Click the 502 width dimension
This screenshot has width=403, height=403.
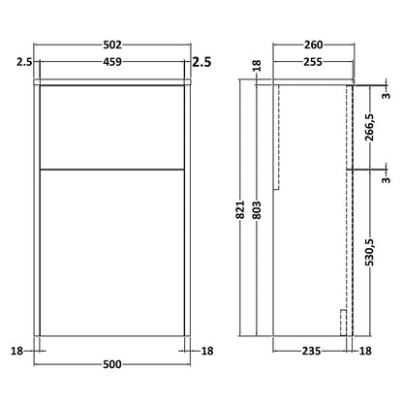click(112, 45)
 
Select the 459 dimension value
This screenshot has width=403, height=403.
click(112, 62)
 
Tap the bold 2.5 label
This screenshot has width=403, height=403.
click(201, 62)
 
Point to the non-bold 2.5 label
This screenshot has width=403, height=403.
click(25, 62)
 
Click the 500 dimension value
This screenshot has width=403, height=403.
click(112, 364)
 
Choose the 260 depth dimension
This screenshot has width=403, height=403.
click(314, 45)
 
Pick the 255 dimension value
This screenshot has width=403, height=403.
click(313, 62)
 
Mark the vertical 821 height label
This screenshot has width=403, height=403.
click(240, 210)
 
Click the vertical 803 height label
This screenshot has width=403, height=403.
click(257, 210)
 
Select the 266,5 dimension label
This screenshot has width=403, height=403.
click(369, 127)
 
